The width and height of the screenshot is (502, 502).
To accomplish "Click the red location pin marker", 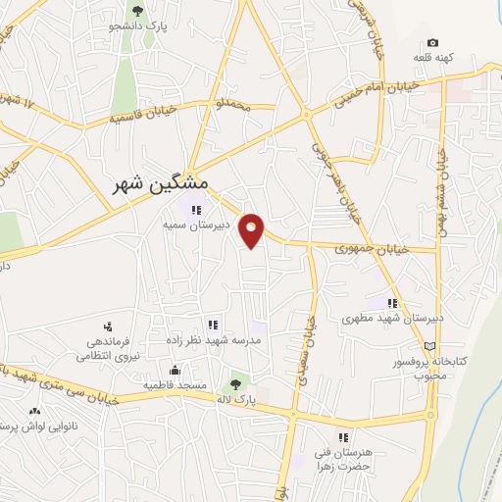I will (x=253, y=228).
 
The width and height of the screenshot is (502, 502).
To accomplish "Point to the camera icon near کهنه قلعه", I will (x=432, y=43).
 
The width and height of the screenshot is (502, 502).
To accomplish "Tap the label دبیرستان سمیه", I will (x=195, y=224).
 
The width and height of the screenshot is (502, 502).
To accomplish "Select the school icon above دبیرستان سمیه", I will (x=195, y=208).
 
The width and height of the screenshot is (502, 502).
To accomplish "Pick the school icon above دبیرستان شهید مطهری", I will (x=392, y=303).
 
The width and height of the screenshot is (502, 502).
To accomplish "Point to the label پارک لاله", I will (x=235, y=401).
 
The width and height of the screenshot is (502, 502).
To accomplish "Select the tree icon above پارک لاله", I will (x=235, y=385).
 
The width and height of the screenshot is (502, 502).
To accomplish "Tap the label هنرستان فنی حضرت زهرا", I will (x=343, y=460).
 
